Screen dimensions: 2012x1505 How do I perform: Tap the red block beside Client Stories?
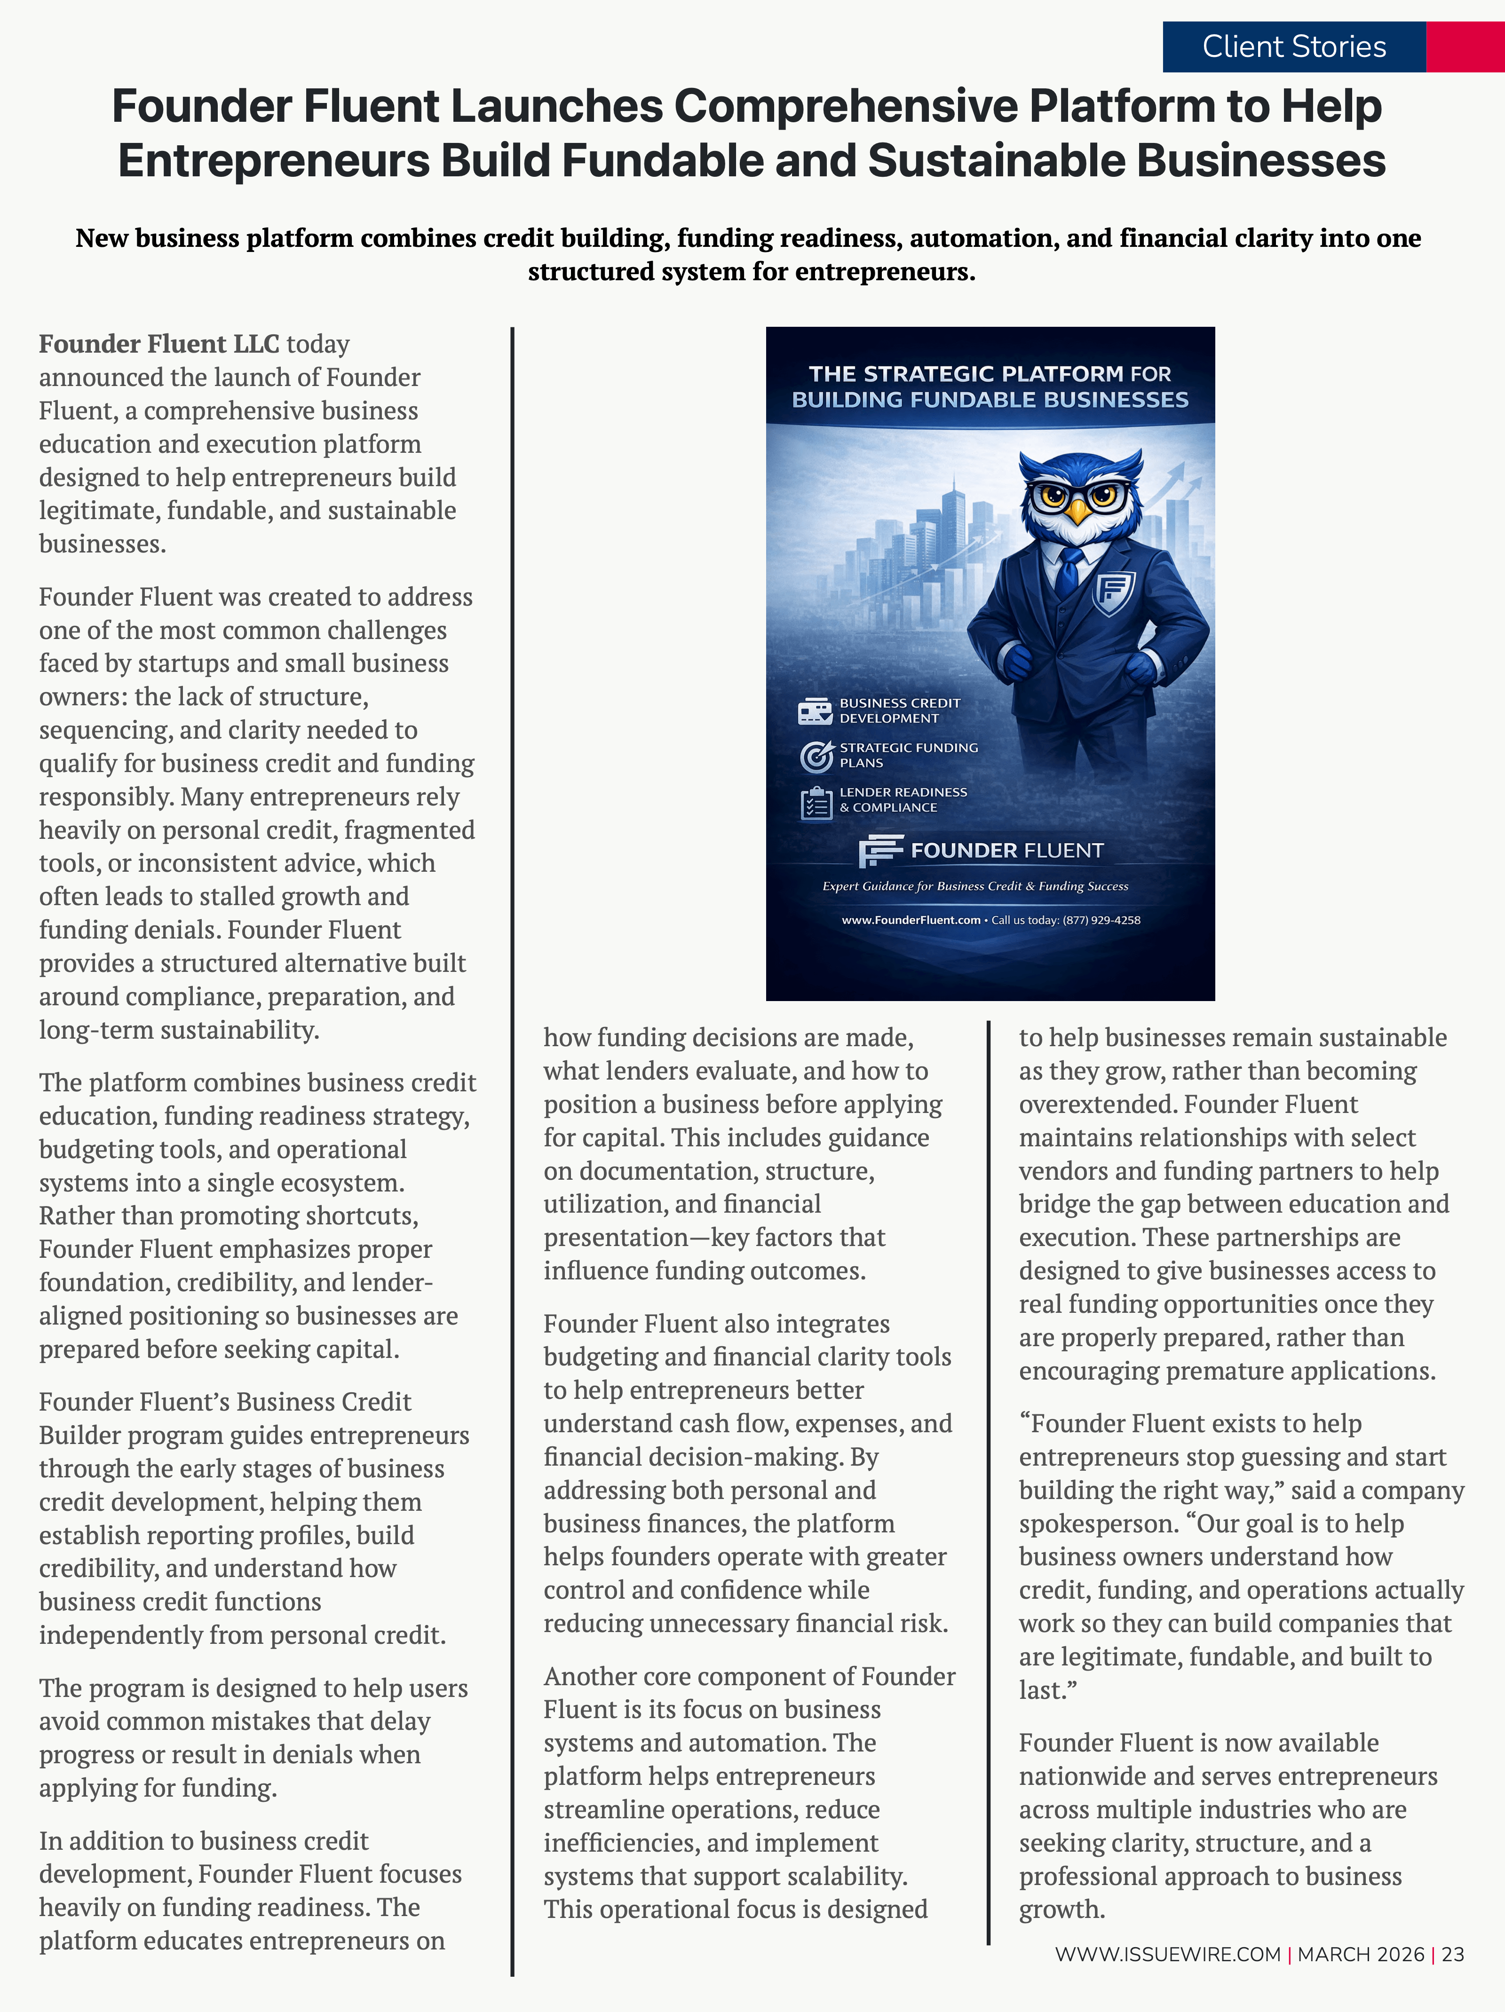tap(1465, 47)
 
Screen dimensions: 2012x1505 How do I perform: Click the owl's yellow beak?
tap(1078, 511)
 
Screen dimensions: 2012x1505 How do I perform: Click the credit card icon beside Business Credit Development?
tap(815, 711)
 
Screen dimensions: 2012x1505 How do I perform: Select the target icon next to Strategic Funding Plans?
tap(816, 756)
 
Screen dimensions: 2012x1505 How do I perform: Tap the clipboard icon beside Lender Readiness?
tap(816, 802)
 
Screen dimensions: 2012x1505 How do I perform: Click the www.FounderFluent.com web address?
tap(910, 921)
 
